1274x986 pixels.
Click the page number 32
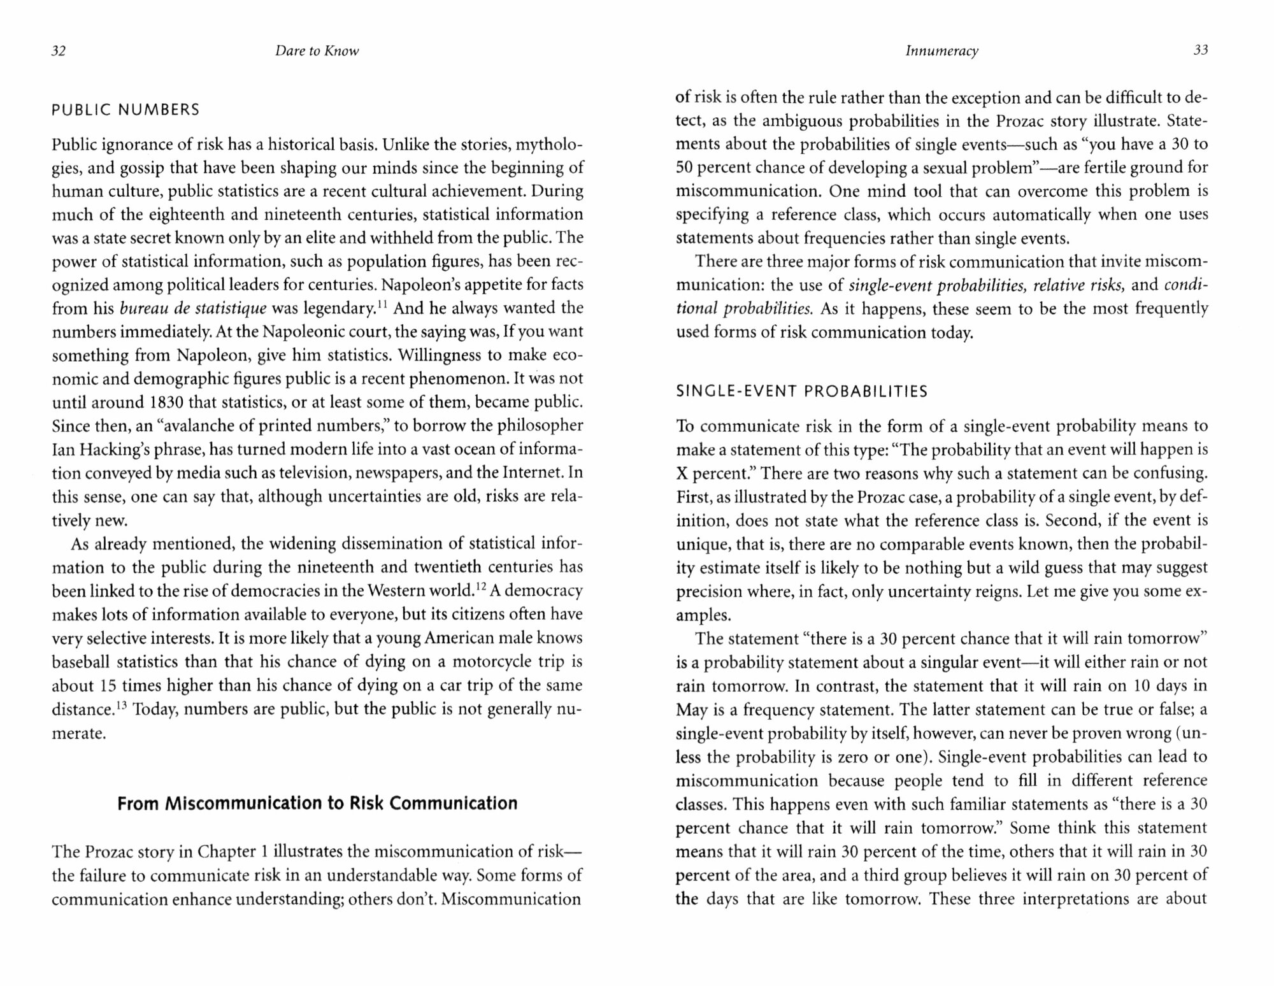pos(59,52)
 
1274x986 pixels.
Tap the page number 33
pos(1200,50)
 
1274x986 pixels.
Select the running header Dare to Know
pos(317,52)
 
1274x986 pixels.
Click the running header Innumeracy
pos(941,52)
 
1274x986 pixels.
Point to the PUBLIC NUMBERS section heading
pos(125,110)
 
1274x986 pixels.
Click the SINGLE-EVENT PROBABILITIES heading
pos(801,392)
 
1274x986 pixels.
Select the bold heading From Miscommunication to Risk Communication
pos(317,803)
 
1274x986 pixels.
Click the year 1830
pos(167,403)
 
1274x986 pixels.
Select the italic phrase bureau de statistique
pos(194,309)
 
